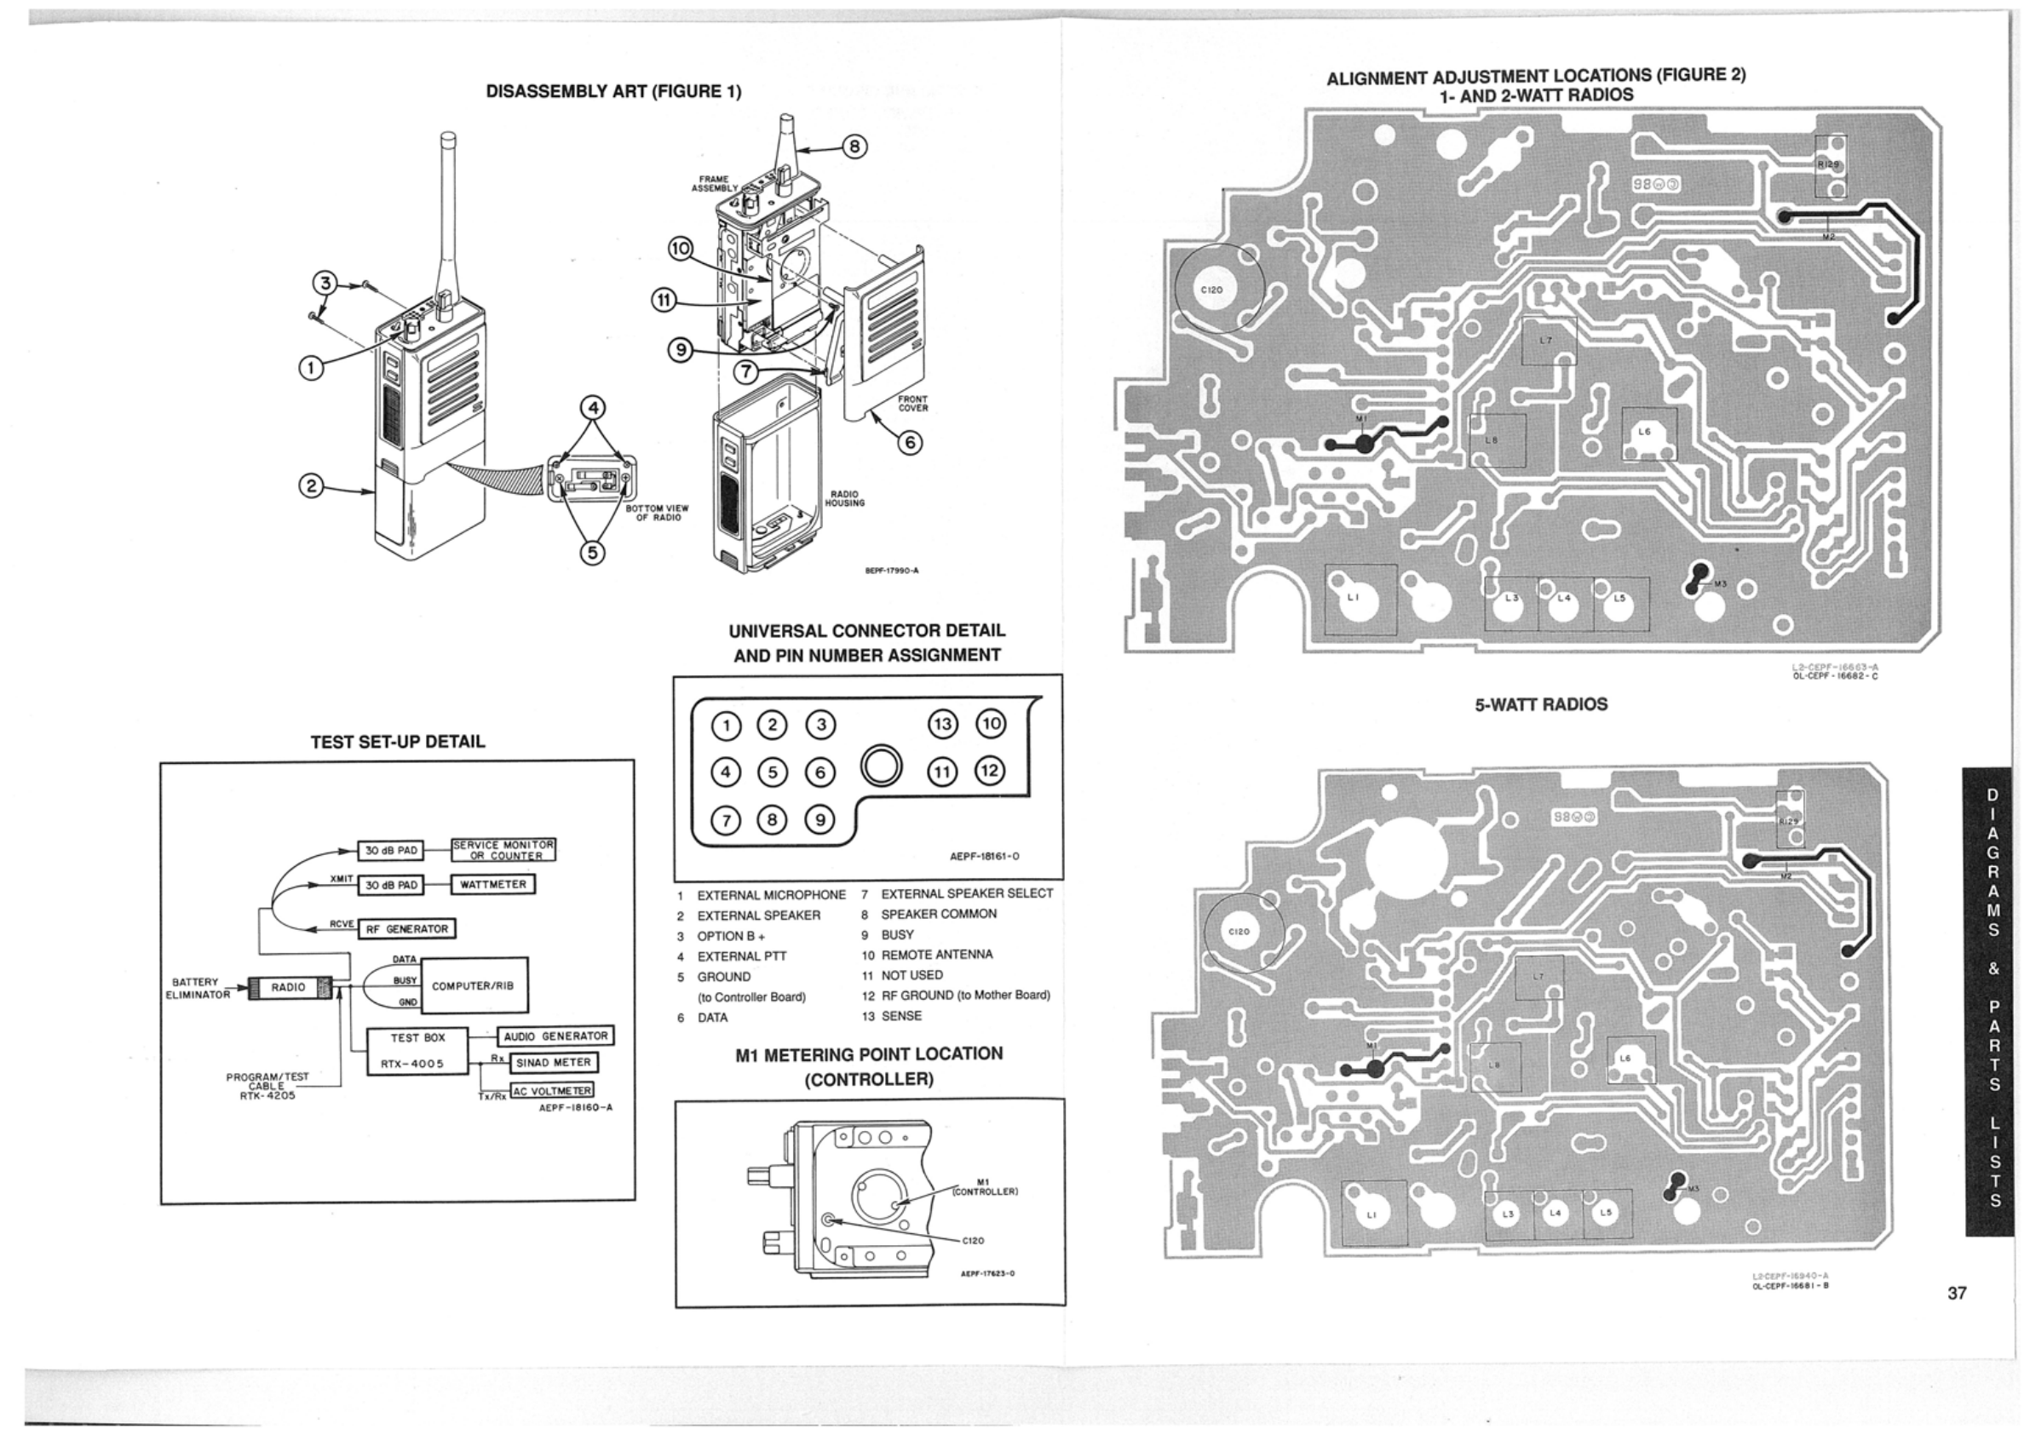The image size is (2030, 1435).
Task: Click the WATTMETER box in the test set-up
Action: tap(492, 884)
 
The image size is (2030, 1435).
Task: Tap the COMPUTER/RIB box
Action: tap(472, 986)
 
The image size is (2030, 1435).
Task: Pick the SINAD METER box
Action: tap(553, 1062)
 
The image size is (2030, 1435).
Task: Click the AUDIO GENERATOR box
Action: tap(555, 1036)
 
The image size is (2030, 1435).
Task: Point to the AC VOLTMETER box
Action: tap(553, 1090)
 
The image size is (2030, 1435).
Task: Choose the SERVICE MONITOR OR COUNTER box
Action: tap(503, 850)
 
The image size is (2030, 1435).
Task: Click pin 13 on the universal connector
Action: tap(942, 724)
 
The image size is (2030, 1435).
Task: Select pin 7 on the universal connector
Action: tap(726, 820)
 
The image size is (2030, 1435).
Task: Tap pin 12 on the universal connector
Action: tap(989, 770)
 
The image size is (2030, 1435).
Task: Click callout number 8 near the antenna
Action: tap(854, 146)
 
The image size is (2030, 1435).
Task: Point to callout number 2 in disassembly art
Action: tap(310, 485)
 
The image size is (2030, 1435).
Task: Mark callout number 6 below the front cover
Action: tap(910, 442)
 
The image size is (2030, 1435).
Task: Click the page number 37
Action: tap(1957, 1293)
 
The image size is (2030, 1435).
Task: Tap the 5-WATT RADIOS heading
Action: tap(1540, 704)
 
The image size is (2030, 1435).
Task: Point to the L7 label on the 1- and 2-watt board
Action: tap(1544, 341)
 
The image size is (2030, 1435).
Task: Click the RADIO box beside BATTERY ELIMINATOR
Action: tap(288, 988)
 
